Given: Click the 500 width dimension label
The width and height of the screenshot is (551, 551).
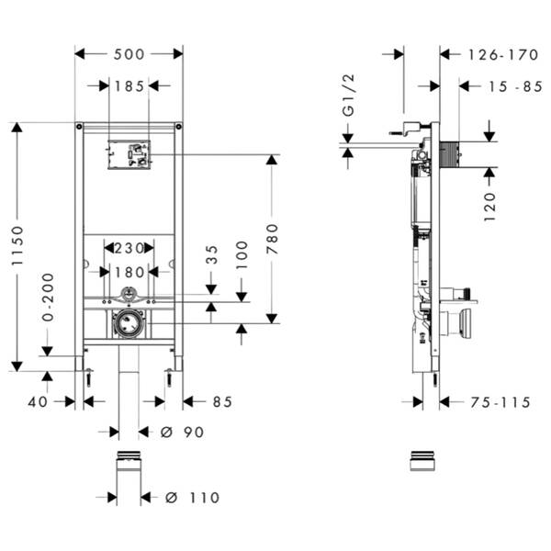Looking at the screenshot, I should [x=129, y=54].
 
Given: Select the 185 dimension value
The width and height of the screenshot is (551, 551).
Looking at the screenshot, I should [x=129, y=86].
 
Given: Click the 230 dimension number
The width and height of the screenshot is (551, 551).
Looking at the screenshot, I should [x=129, y=247].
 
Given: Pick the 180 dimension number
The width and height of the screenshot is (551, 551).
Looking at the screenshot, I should [x=129, y=271].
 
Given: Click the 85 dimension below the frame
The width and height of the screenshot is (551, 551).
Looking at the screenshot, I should [x=221, y=401].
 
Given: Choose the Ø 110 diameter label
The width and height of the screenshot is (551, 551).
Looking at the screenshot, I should [x=193, y=498].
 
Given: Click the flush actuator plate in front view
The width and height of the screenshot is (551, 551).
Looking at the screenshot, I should [x=129, y=154].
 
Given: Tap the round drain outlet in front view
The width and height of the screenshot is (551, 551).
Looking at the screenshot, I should [x=129, y=323].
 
